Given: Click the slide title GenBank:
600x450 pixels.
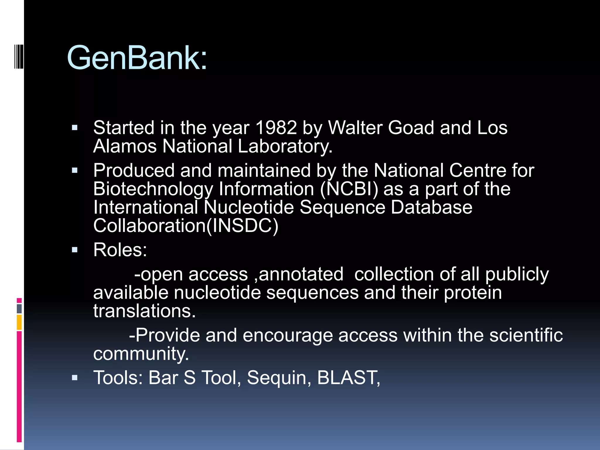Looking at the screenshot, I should (x=137, y=58).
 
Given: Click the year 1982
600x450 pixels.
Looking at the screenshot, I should (x=276, y=128).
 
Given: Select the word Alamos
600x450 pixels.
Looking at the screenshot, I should (x=125, y=146).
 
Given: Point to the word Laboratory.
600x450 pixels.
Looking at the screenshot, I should (x=285, y=146).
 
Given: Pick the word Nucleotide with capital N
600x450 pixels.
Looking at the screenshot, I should (x=248, y=207).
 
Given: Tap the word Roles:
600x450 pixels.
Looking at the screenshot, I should (x=120, y=250).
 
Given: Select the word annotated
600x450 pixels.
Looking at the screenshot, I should (x=301, y=274).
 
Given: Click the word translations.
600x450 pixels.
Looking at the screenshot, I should (x=144, y=311).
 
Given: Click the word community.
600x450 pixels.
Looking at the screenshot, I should (x=141, y=354).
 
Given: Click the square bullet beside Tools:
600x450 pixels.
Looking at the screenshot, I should (x=75, y=378).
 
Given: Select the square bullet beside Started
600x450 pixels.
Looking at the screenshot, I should (x=75, y=128).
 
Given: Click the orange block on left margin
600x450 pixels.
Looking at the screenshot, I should (x=19, y=322).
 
